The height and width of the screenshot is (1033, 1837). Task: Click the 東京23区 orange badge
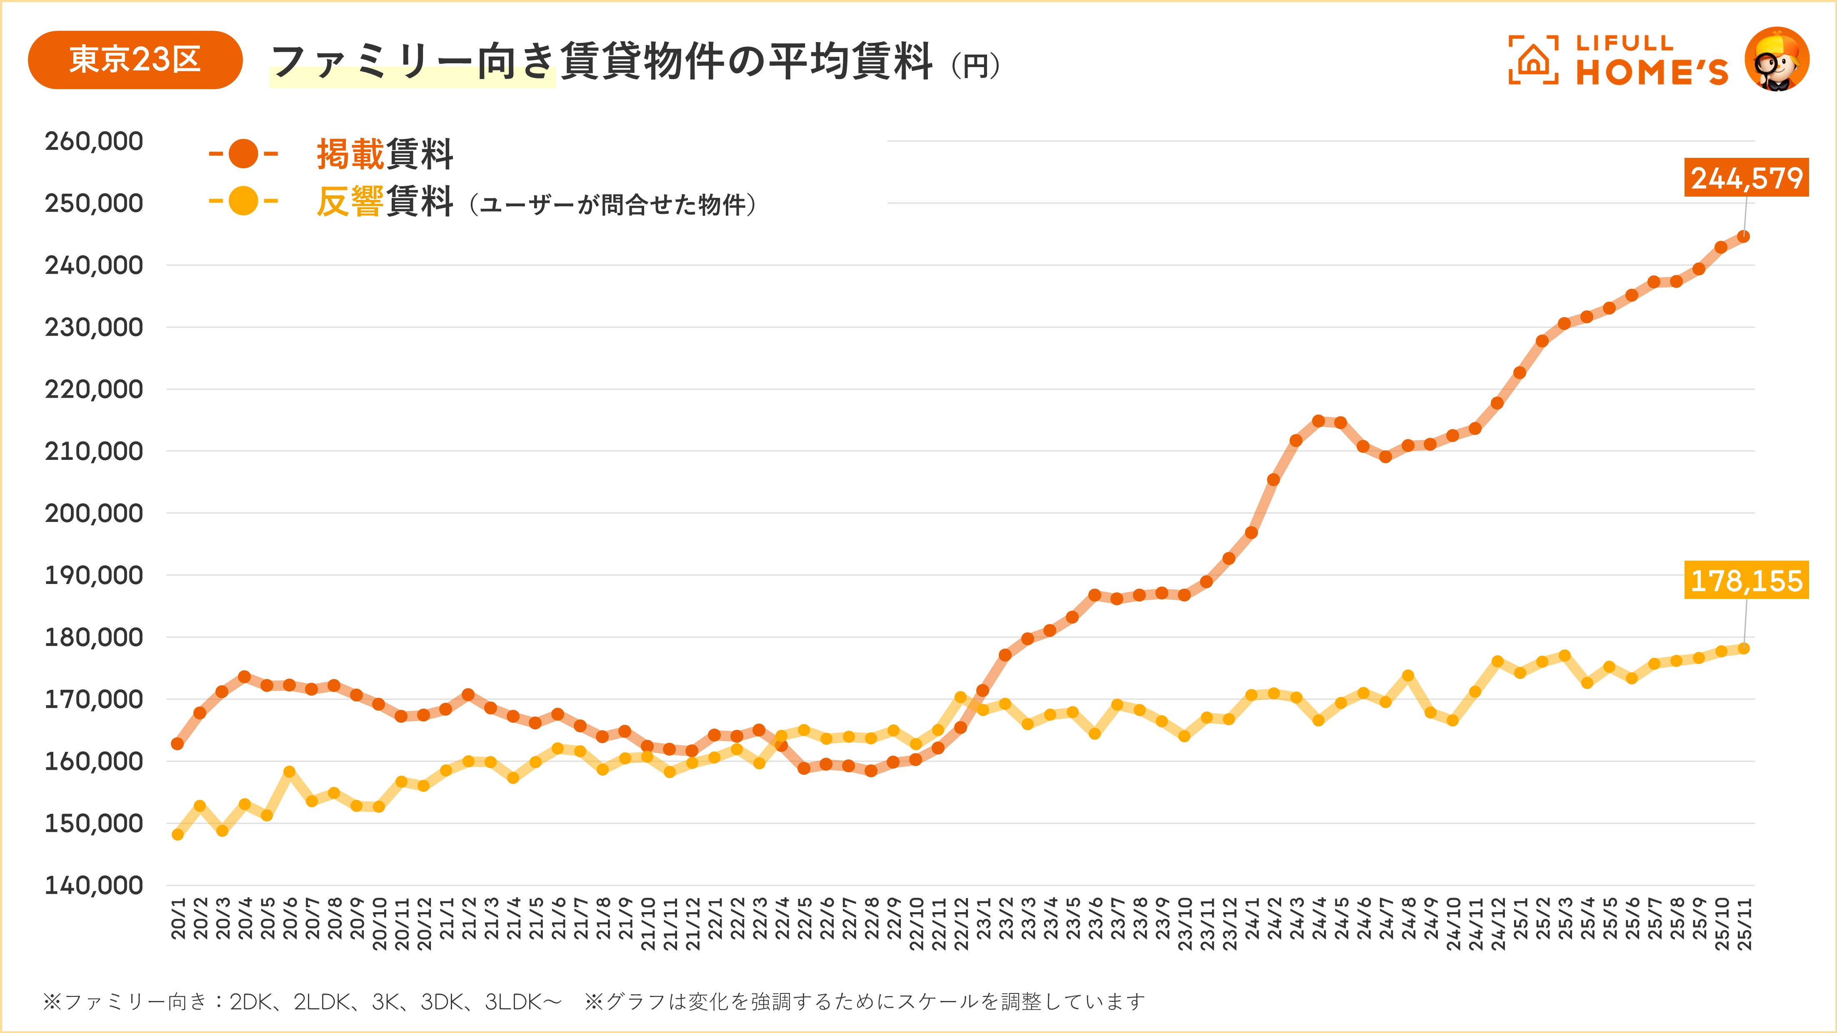[135, 60]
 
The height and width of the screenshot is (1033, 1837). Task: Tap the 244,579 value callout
[1747, 177]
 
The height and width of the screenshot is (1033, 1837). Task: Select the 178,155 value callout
[1747, 580]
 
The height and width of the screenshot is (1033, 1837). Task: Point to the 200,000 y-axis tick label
[94, 513]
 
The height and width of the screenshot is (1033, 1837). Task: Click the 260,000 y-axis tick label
[94, 141]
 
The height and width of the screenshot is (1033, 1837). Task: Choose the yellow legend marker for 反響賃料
[243, 201]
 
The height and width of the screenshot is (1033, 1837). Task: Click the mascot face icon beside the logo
[1777, 60]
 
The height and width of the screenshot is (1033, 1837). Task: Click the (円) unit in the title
[975, 66]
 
